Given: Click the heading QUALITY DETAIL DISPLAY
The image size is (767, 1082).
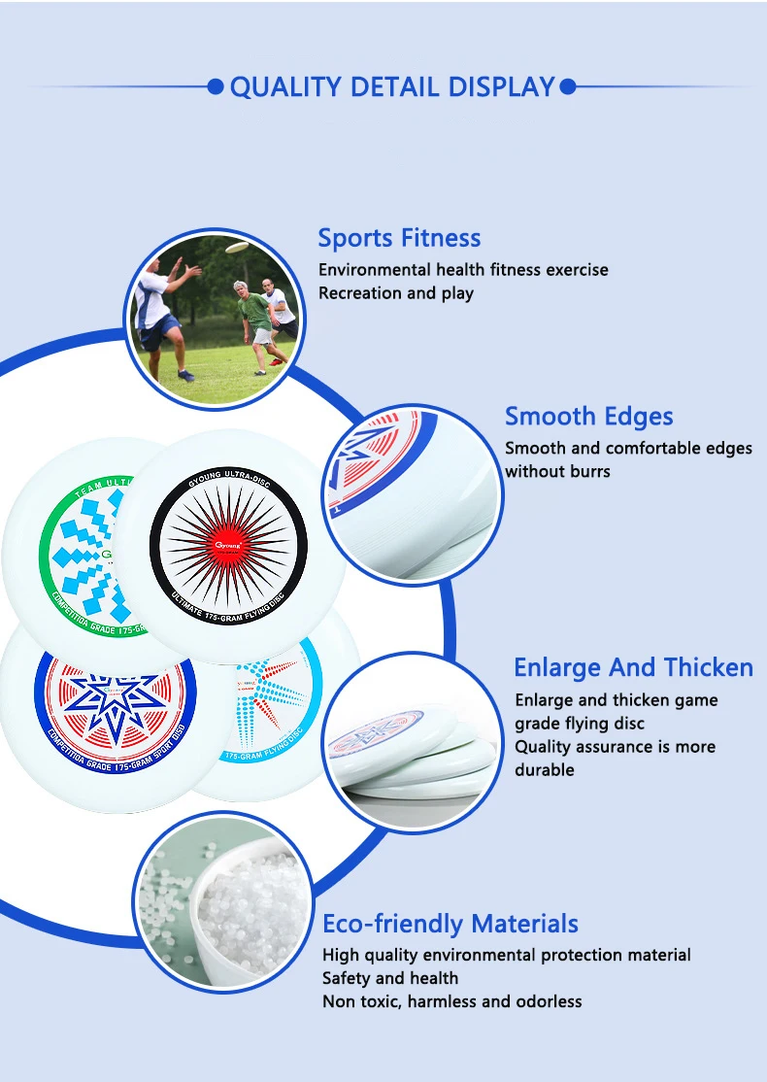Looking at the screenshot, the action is (391, 87).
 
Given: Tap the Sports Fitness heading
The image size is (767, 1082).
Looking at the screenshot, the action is (399, 238).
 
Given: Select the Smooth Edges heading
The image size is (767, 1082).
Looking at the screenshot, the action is (588, 417).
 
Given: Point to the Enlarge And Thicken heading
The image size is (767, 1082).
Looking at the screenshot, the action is (633, 668).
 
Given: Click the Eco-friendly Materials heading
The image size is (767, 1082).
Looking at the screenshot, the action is (450, 924).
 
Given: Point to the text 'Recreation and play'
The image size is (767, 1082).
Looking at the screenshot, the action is (396, 293).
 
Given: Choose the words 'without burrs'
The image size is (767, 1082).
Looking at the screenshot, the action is (557, 472).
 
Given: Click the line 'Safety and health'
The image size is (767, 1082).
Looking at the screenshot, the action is (390, 978).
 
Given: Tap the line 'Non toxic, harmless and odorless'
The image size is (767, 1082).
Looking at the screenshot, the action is (451, 1001).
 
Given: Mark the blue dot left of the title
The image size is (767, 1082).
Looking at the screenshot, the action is (216, 87).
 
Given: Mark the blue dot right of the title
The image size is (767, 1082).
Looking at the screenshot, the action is (569, 87).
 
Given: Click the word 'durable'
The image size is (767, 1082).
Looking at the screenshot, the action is (545, 770).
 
